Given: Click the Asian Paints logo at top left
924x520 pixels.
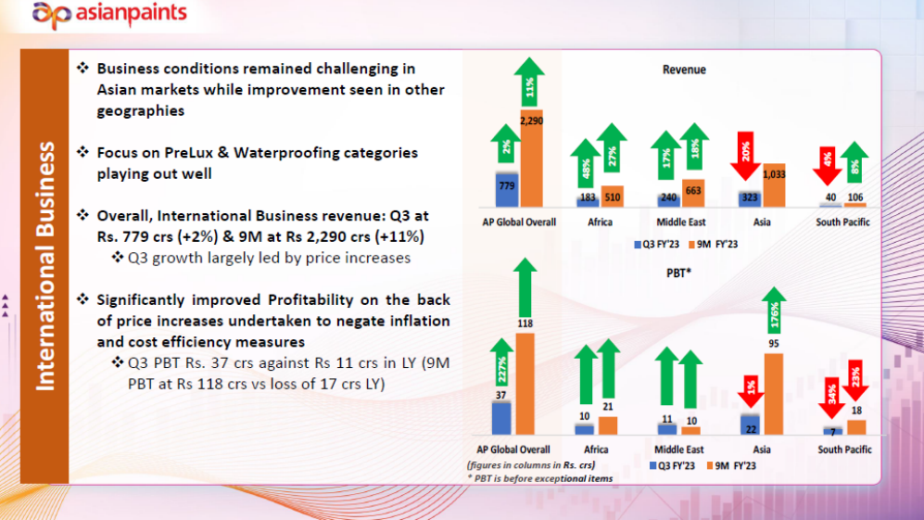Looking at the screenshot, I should (109, 15).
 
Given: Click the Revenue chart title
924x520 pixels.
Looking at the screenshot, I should (684, 70).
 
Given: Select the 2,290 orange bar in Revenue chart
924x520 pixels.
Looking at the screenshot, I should (532, 158).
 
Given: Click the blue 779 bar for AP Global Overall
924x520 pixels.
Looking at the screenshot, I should (506, 189).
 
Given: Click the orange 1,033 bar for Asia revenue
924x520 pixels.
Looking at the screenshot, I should (774, 184).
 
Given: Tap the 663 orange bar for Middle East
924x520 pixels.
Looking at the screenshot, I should (693, 193).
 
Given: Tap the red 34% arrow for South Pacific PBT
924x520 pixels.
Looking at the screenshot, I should (831, 401).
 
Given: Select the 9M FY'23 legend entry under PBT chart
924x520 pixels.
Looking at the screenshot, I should (731, 465).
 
